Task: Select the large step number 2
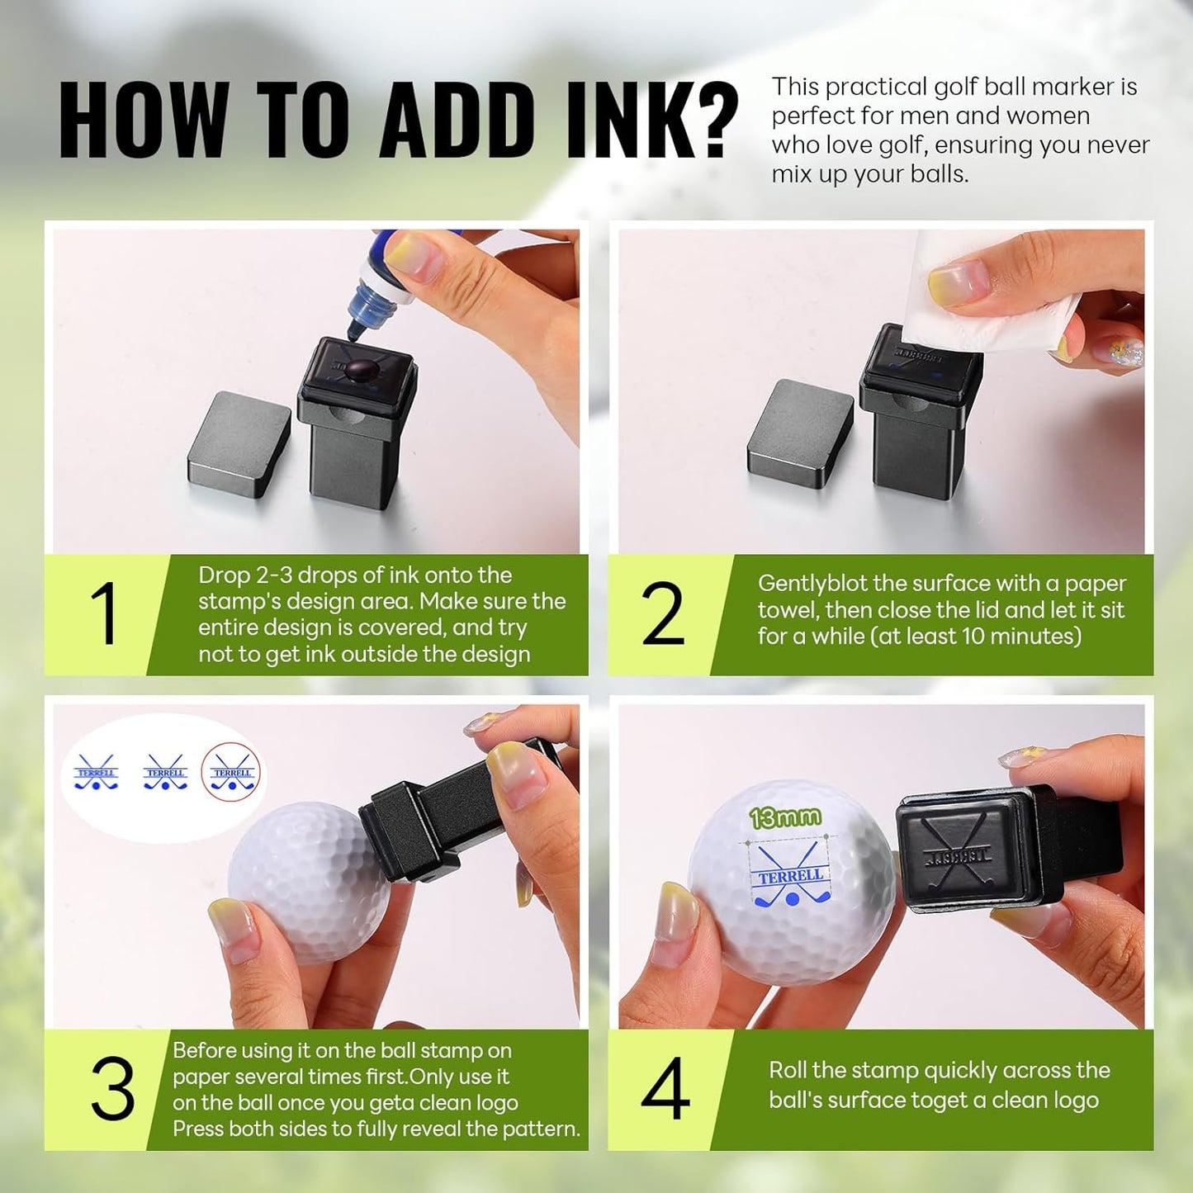pos(662,613)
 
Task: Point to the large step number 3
pos(112,1087)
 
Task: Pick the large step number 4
pos(665,1087)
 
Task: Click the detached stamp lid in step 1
pos(239,443)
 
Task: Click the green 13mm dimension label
pos(785,818)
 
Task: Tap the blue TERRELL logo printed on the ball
pos(791,873)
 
